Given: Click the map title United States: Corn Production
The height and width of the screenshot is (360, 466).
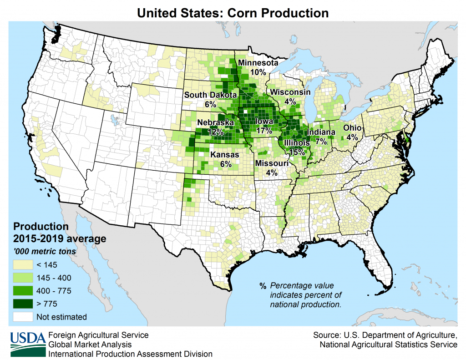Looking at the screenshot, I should pyautogui.click(x=233, y=12).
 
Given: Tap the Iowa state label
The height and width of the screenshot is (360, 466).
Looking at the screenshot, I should pyautogui.click(x=264, y=122).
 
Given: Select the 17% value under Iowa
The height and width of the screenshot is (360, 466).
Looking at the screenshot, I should pyautogui.click(x=264, y=131).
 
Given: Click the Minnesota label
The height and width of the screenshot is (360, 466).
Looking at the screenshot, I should pyautogui.click(x=258, y=63).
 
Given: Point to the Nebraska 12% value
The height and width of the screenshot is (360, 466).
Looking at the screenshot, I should pyautogui.click(x=215, y=132).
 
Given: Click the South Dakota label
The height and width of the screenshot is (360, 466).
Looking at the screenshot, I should pyautogui.click(x=210, y=95).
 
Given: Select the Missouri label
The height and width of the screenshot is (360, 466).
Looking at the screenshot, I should pyautogui.click(x=272, y=163).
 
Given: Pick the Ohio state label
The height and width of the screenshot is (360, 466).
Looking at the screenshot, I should pyautogui.click(x=352, y=128).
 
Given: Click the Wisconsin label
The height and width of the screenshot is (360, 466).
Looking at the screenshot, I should pyautogui.click(x=290, y=92).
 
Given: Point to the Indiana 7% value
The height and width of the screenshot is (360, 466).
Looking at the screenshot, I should pyautogui.click(x=321, y=142).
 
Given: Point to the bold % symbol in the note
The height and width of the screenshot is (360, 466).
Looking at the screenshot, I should pyautogui.click(x=263, y=286).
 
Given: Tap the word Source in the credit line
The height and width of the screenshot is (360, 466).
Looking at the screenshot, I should pyautogui.click(x=326, y=335).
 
